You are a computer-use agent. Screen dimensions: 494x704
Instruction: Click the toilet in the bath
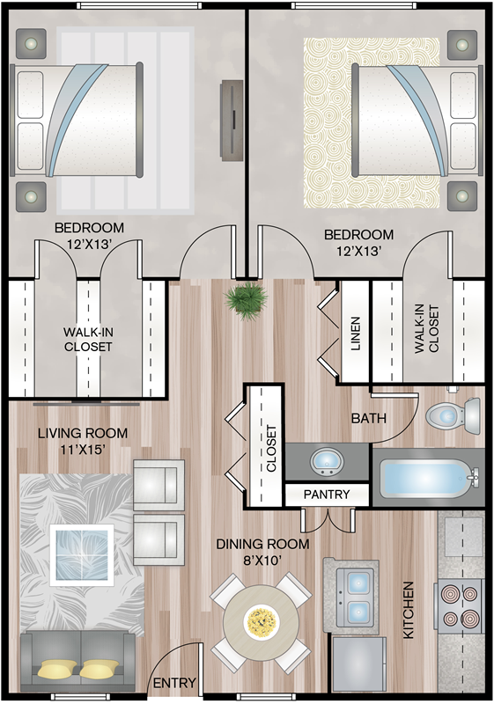pos(453,415)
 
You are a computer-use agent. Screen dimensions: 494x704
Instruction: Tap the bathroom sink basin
pos(327,461)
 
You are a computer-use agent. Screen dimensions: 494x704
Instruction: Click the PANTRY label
pos(327,495)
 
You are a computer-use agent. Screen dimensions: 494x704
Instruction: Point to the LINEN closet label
pos(355,334)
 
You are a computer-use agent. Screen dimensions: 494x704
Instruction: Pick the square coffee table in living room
pos(82,555)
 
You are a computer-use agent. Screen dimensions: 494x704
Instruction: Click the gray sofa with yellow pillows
pos(78,662)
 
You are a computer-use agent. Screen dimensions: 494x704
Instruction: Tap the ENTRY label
pos(174,683)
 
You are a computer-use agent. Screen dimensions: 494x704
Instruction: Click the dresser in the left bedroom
pos(232,121)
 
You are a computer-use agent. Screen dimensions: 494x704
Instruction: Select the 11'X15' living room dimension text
pos(83,449)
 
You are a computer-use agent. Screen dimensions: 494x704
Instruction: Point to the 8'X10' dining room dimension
pos(262,560)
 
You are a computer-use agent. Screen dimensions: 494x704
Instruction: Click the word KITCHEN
pos(408,610)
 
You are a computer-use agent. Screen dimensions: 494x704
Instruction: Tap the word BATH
pos(369,419)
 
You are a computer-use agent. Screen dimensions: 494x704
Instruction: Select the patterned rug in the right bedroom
pos(372,122)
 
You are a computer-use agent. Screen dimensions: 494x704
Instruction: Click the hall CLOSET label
pos(271,448)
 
